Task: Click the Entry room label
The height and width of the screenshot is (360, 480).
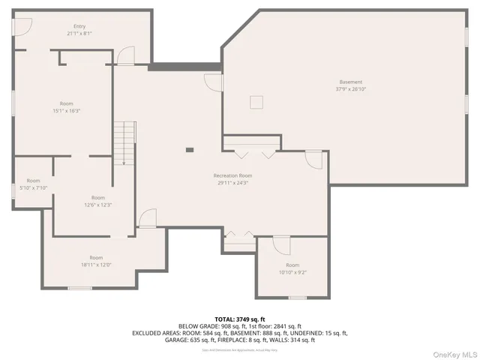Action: click(79, 26)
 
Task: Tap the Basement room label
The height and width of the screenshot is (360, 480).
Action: click(350, 82)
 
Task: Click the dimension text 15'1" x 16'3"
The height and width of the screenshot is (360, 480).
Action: click(66, 110)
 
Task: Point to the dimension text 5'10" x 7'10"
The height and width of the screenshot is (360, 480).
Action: click(33, 187)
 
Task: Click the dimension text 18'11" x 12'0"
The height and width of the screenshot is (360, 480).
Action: click(96, 264)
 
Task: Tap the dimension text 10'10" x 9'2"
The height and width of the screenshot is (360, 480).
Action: click(292, 272)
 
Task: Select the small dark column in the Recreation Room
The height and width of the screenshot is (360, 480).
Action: click(190, 150)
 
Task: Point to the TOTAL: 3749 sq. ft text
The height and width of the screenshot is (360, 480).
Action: click(240, 319)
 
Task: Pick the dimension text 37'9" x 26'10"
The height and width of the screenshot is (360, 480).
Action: click(350, 88)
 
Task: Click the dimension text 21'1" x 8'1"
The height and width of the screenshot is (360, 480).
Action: click(79, 33)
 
